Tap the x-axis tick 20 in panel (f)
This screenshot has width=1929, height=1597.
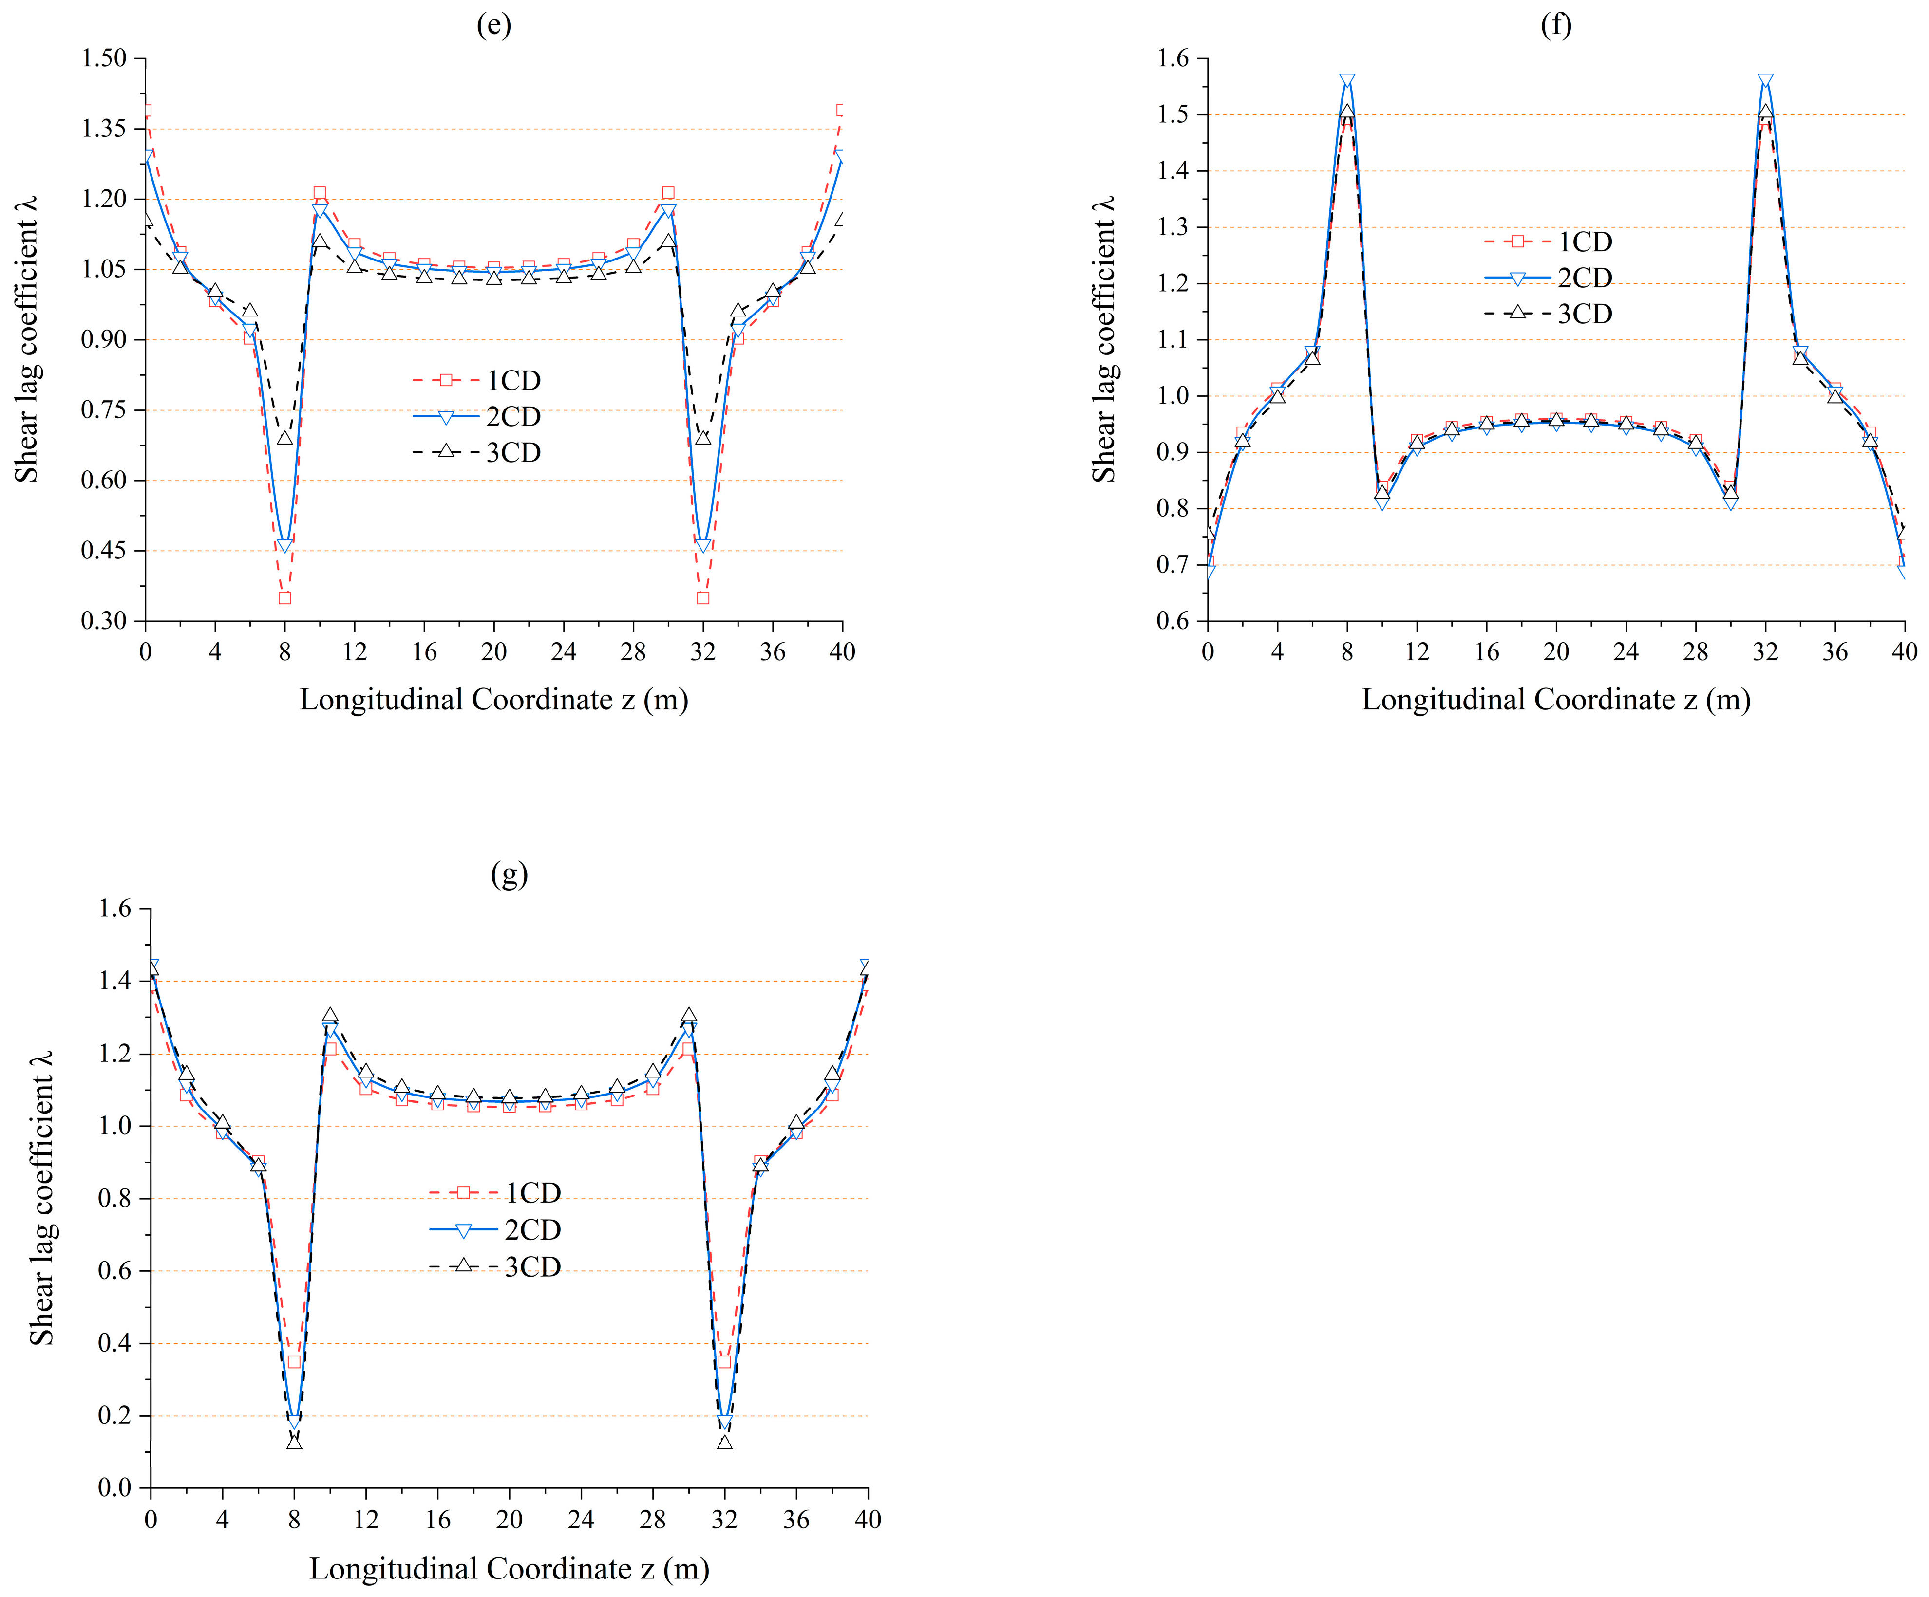pyautogui.click(x=1556, y=652)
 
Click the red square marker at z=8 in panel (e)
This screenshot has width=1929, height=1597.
pyautogui.click(x=285, y=598)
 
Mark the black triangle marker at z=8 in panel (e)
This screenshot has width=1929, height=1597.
pyautogui.click(x=285, y=438)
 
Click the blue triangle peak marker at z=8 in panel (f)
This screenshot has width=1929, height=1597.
pyautogui.click(x=1346, y=81)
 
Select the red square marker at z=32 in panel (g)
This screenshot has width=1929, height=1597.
pyautogui.click(x=725, y=1361)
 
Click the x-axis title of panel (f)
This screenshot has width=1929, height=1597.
pyautogui.click(x=1555, y=700)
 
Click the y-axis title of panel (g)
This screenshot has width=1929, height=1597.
pyautogui.click(x=41, y=1198)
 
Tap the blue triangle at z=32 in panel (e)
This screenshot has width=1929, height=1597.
pyautogui.click(x=703, y=545)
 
